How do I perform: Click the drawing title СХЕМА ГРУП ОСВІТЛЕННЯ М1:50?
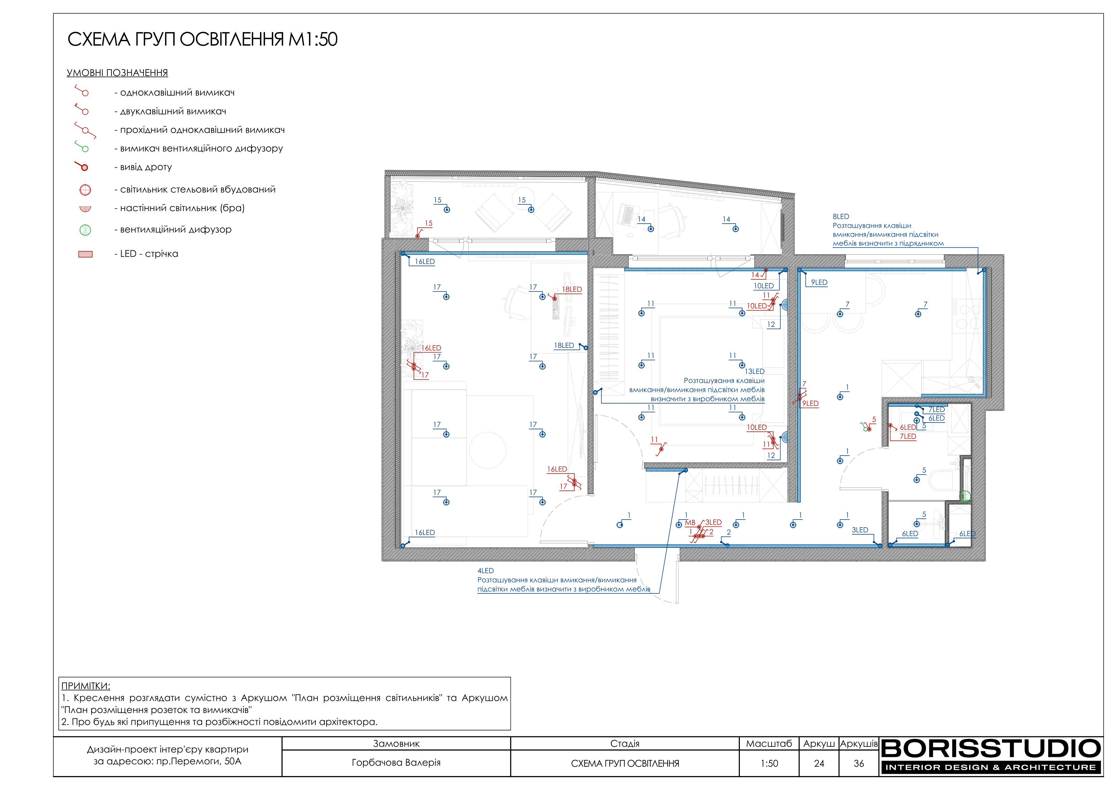pos(202,40)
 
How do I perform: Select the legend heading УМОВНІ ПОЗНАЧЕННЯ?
pos(117,73)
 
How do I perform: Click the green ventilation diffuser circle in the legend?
pos(85,230)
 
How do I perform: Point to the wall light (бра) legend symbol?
pos(85,209)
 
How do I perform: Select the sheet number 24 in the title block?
pos(819,764)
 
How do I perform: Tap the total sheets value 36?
pos(859,764)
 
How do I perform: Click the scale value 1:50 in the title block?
pos(769,764)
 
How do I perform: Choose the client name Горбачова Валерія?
pos(396,763)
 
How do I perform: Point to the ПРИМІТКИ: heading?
pos(86,686)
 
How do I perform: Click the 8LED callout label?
pos(841,216)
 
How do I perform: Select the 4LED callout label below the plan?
pos(486,571)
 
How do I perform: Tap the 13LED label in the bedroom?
pos(755,372)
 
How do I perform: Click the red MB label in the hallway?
pos(690,523)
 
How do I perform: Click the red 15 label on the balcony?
pos(428,223)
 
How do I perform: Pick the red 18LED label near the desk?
pos(572,289)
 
